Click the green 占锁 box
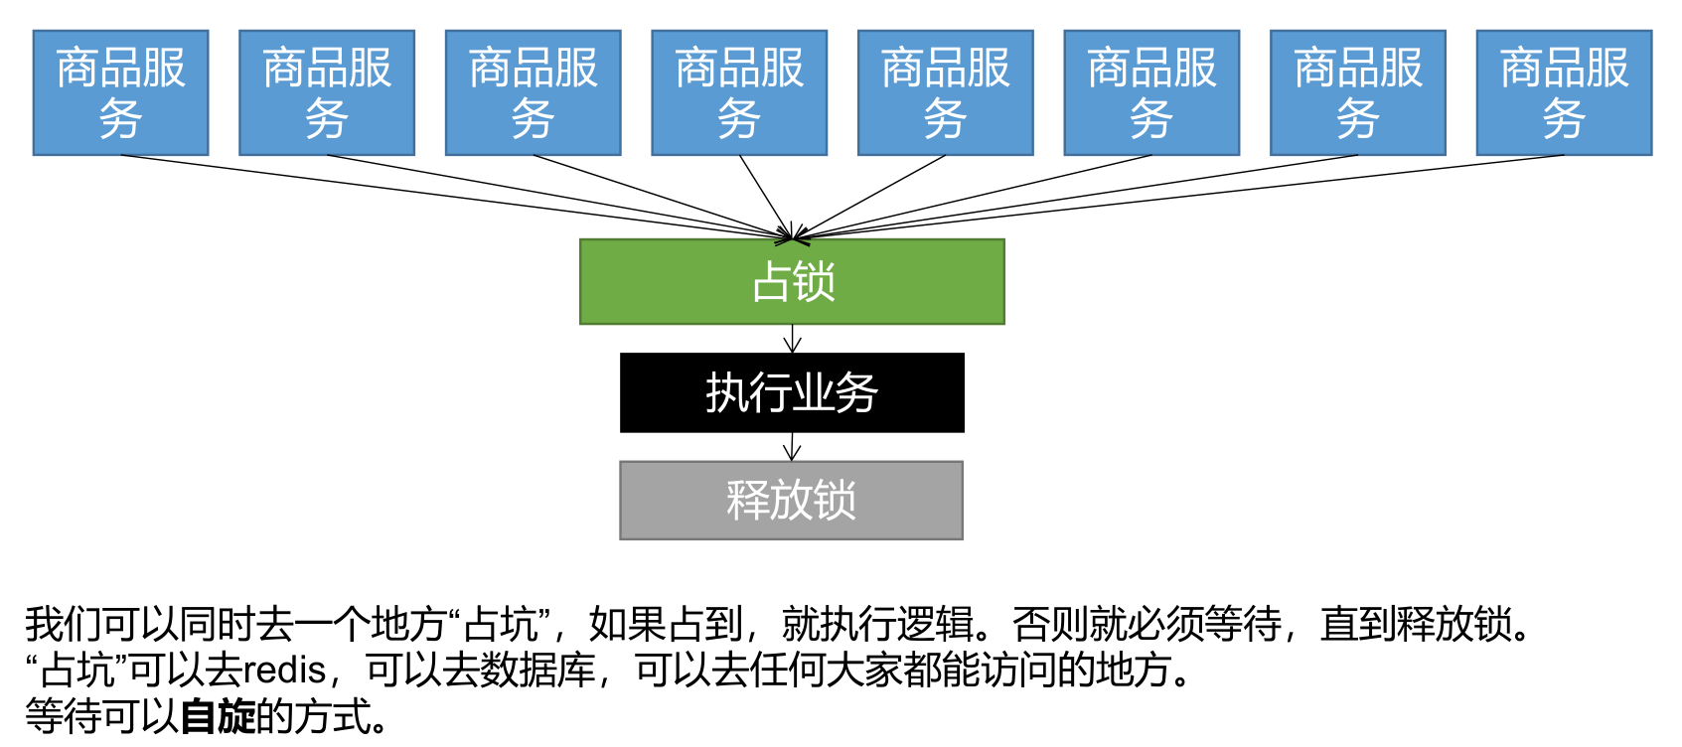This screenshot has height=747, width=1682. click(x=792, y=281)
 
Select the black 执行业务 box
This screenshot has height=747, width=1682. click(x=792, y=392)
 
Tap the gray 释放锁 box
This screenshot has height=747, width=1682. click(x=792, y=500)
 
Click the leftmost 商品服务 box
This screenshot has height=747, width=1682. click(x=120, y=92)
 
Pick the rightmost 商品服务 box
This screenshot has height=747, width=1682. click(x=1564, y=92)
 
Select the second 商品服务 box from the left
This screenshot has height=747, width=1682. click(x=327, y=92)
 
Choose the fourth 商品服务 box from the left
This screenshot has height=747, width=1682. click(x=739, y=92)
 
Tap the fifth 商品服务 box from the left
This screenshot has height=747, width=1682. click(x=945, y=92)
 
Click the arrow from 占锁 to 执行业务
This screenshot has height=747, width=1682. click(x=792, y=339)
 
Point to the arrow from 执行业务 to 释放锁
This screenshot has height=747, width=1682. click(x=792, y=447)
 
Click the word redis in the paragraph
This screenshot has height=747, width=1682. click(x=284, y=671)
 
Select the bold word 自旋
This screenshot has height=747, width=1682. click(x=218, y=716)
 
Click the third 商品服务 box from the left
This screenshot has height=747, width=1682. click(x=533, y=92)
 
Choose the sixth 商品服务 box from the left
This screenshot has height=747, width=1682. click(x=1151, y=92)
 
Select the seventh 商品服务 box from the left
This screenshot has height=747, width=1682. click(x=1357, y=92)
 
